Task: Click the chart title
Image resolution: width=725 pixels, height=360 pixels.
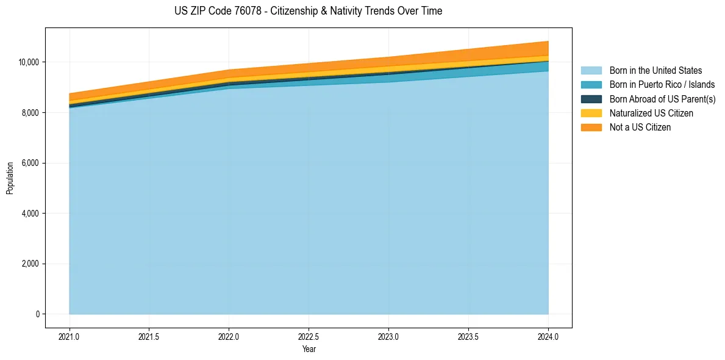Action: [x=308, y=11]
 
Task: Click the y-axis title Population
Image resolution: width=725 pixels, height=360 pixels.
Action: [x=10, y=178]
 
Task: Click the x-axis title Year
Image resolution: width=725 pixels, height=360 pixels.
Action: [x=309, y=349]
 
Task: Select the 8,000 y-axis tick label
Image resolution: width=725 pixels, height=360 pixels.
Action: [x=29, y=113]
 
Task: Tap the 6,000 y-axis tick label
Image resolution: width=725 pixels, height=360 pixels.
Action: [x=29, y=164]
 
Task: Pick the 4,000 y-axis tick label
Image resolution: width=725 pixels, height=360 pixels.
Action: [x=29, y=214]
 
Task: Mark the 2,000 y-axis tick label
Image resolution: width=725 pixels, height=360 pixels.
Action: [x=29, y=264]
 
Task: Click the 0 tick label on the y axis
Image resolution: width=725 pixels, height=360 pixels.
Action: [x=37, y=314]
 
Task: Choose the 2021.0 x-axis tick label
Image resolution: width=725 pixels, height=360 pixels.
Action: [x=70, y=336]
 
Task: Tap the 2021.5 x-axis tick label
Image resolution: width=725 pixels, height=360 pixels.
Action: [x=149, y=336]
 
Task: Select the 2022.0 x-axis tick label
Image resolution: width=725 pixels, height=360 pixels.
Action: [x=229, y=336]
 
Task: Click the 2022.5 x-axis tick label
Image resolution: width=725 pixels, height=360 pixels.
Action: [x=309, y=336]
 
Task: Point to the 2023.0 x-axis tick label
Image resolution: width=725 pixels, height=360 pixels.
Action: [x=388, y=336]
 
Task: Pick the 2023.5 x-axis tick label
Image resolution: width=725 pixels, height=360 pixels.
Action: [x=468, y=336]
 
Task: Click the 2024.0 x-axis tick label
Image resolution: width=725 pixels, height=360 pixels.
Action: [x=548, y=336]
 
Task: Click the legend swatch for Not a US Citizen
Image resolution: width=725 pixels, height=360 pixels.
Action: [x=591, y=127]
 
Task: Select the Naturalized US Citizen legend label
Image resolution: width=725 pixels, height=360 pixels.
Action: [x=651, y=113]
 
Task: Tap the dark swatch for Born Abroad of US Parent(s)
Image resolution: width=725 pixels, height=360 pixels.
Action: [x=591, y=99]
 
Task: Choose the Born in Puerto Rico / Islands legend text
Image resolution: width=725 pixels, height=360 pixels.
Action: [x=662, y=85]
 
